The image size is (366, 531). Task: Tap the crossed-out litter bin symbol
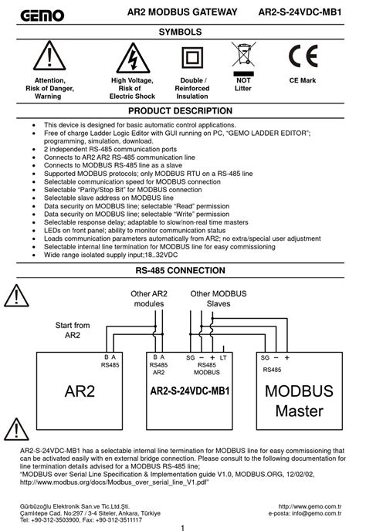tap(243, 58)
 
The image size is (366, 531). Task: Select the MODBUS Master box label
tap(299, 401)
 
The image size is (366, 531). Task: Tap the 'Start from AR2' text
tap(72, 330)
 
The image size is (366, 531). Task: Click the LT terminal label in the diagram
tap(224, 357)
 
